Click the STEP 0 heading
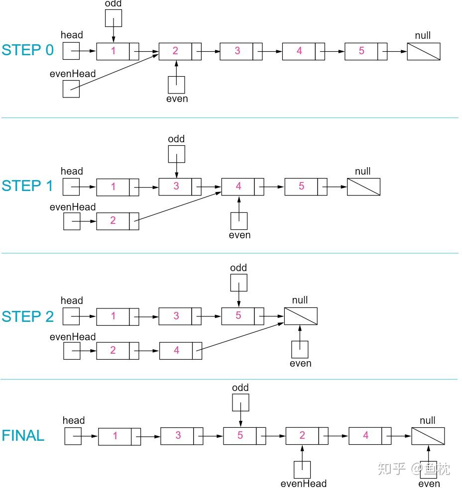click(x=27, y=50)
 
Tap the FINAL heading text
click(x=23, y=435)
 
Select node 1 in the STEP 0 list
click(x=118, y=51)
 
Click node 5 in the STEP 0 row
click(x=366, y=51)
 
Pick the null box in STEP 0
click(x=424, y=51)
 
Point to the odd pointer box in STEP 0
click(x=114, y=18)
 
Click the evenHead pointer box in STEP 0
click(x=71, y=89)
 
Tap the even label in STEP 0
click(x=177, y=99)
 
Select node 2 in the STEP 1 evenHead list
click(x=118, y=221)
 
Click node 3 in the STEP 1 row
click(x=180, y=187)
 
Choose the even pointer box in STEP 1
click(x=239, y=221)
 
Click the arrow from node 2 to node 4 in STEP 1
click(x=178, y=206)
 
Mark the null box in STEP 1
click(x=363, y=187)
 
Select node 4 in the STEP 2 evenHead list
click(x=181, y=351)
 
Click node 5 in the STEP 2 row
click(x=242, y=316)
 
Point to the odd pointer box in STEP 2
click(x=239, y=283)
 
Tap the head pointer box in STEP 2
click(x=71, y=316)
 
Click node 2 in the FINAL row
click(x=307, y=436)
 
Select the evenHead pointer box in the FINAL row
click(x=302, y=470)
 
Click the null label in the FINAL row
click(x=428, y=420)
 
